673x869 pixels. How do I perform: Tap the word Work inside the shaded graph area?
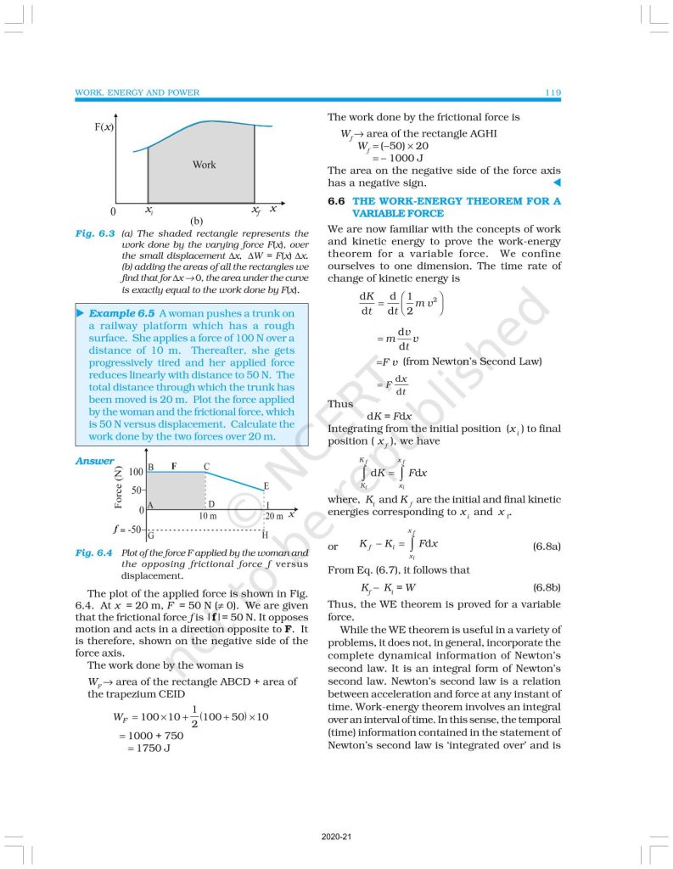click(204, 165)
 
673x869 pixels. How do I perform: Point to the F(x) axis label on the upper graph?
click(104, 128)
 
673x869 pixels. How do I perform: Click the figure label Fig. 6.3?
click(93, 233)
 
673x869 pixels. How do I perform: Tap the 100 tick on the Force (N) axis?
click(135, 471)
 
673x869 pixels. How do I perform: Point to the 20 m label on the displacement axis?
click(274, 516)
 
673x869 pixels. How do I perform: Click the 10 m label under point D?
click(207, 516)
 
